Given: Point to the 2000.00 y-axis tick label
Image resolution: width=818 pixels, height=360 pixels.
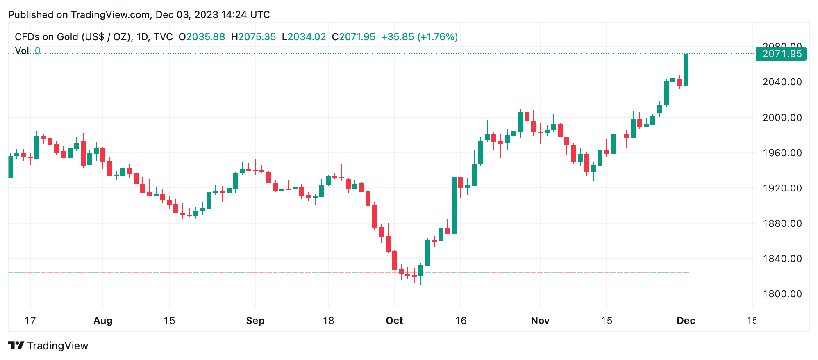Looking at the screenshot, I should tap(782, 118).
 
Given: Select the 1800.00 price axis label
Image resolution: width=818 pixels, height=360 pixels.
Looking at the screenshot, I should tap(782, 294).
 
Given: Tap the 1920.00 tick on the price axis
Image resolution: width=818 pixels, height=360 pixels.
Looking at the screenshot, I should tap(782, 188).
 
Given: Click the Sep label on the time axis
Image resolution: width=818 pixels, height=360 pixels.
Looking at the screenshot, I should tap(255, 321).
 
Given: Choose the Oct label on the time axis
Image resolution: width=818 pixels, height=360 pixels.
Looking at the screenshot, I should tap(394, 321).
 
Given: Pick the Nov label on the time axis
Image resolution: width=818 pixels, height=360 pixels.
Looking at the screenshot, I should tap(540, 321).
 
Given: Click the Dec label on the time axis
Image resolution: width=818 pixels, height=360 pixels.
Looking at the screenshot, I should tap(686, 321).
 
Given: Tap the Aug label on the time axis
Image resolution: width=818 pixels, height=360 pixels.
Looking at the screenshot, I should tap(103, 321).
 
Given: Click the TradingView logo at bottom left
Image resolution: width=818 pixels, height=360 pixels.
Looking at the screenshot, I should tap(48, 346).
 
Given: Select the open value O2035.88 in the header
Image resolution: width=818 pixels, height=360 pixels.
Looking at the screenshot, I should tap(202, 37).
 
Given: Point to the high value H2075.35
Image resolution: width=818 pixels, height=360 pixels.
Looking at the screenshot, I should tap(253, 37).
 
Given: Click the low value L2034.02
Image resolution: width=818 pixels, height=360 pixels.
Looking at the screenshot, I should tap(304, 37).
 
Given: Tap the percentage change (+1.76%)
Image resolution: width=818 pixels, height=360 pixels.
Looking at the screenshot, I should tap(437, 37).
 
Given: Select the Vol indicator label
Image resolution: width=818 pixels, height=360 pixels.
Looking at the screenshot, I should tap(22, 51).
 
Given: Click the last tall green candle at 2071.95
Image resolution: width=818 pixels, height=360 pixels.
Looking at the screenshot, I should tap(686, 70).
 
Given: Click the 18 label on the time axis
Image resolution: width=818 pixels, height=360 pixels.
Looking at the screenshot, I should tap(328, 321).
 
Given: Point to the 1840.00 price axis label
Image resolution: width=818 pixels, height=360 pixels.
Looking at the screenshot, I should tap(782, 259).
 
